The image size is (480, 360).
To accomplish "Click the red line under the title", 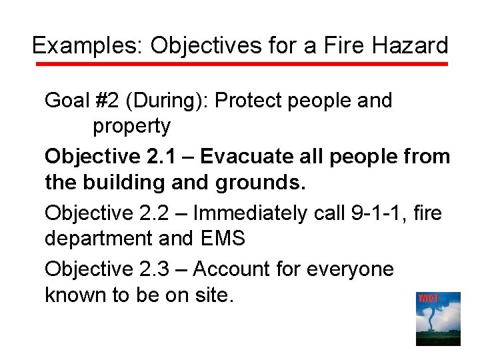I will pos(240,64).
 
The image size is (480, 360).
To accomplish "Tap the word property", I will pos(131,125).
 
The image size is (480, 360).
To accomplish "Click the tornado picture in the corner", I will pos(438,319).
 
